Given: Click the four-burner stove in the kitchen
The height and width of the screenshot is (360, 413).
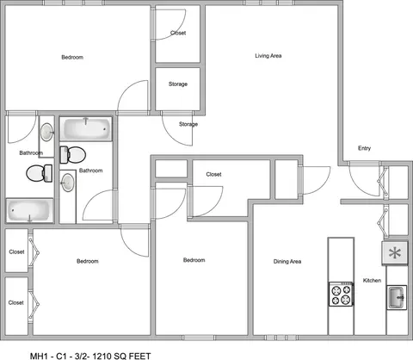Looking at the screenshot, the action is (341, 294).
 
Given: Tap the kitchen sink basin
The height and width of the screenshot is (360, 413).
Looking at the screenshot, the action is (397, 297).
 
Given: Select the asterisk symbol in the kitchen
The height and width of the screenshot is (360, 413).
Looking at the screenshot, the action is (394, 253).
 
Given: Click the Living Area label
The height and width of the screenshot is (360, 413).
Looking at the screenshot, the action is (268, 56).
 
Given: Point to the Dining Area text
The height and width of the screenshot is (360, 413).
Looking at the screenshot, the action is (287, 261).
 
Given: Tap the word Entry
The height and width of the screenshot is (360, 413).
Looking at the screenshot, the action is (364, 148).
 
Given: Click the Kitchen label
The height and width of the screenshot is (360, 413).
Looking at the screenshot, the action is (372, 280).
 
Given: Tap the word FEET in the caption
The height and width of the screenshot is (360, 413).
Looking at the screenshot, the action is (140, 357).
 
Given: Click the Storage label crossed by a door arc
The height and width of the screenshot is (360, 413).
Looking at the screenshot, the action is (188, 124).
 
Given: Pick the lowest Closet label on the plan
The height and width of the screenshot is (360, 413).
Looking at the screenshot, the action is (16, 302).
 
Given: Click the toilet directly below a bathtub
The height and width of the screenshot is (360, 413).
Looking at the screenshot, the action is (72, 155).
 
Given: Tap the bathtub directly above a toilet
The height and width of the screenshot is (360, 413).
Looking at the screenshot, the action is (86, 128).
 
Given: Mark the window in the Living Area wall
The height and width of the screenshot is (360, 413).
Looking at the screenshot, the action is (269, 3).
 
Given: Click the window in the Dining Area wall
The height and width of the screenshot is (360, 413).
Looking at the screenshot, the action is (280, 338).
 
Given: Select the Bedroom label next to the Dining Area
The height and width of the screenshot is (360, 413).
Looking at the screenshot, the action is (194, 260).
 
